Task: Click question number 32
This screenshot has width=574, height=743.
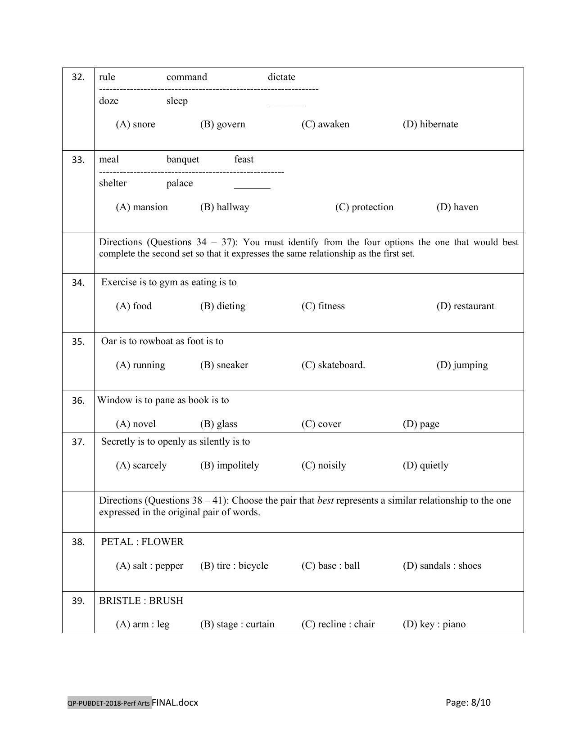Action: click(x=78, y=77)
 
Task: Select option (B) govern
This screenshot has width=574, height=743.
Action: click(x=222, y=125)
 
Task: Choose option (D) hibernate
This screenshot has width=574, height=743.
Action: click(x=430, y=125)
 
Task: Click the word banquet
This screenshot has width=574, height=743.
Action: click(x=182, y=160)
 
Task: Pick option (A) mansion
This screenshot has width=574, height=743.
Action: click(x=141, y=207)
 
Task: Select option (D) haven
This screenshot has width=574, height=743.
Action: click(x=457, y=207)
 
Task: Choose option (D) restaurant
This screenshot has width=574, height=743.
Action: click(x=465, y=306)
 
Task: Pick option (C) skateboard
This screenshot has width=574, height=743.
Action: click(x=333, y=365)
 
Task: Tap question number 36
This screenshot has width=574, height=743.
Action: click(x=78, y=401)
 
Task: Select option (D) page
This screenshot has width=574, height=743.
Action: click(x=420, y=424)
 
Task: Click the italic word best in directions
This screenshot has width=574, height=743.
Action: click(x=325, y=501)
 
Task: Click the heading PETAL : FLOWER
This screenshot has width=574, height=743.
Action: click(x=142, y=542)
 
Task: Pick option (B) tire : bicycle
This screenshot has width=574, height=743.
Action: click(x=234, y=566)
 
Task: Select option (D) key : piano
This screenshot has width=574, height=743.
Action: click(x=434, y=625)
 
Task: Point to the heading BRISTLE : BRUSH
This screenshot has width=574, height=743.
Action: click(x=141, y=601)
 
